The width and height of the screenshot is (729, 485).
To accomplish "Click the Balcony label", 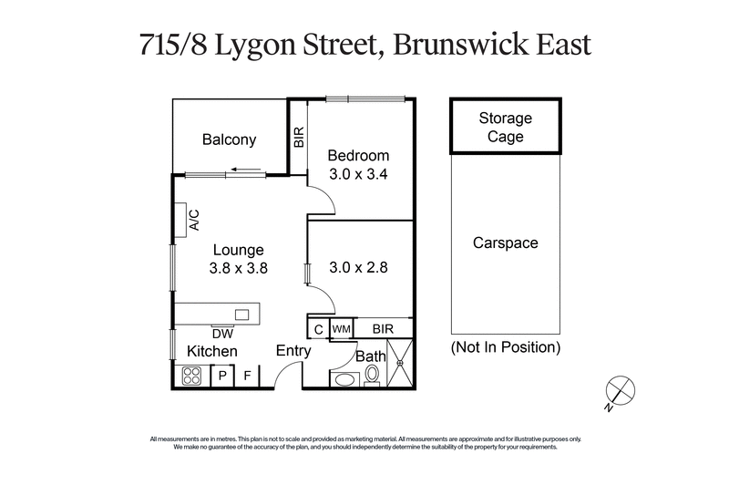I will pyautogui.click(x=229, y=140).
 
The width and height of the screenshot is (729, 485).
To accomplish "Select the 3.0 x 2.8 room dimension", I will pyautogui.click(x=358, y=267).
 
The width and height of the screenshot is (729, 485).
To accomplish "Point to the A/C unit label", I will pyautogui.click(x=193, y=220).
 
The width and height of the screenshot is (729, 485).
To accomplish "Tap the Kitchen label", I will pyautogui.click(x=212, y=351).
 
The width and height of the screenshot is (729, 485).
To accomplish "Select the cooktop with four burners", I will pyautogui.click(x=191, y=375).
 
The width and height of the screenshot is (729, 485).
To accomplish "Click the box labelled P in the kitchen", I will pyautogui.click(x=221, y=375).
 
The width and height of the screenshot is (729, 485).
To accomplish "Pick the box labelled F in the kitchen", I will pyautogui.click(x=247, y=375).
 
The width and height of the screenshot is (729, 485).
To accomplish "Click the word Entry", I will pyautogui.click(x=293, y=351).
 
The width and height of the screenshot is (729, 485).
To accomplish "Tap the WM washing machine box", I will pyautogui.click(x=341, y=328).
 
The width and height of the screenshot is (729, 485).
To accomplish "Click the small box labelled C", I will pyautogui.click(x=319, y=328).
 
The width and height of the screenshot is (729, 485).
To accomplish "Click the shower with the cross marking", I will pyautogui.click(x=399, y=364).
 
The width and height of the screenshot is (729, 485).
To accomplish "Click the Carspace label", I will pyautogui.click(x=505, y=243).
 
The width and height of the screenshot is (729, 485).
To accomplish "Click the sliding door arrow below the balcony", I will pyautogui.click(x=245, y=169).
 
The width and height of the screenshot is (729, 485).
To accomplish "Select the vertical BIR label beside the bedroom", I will pyautogui.click(x=298, y=137).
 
